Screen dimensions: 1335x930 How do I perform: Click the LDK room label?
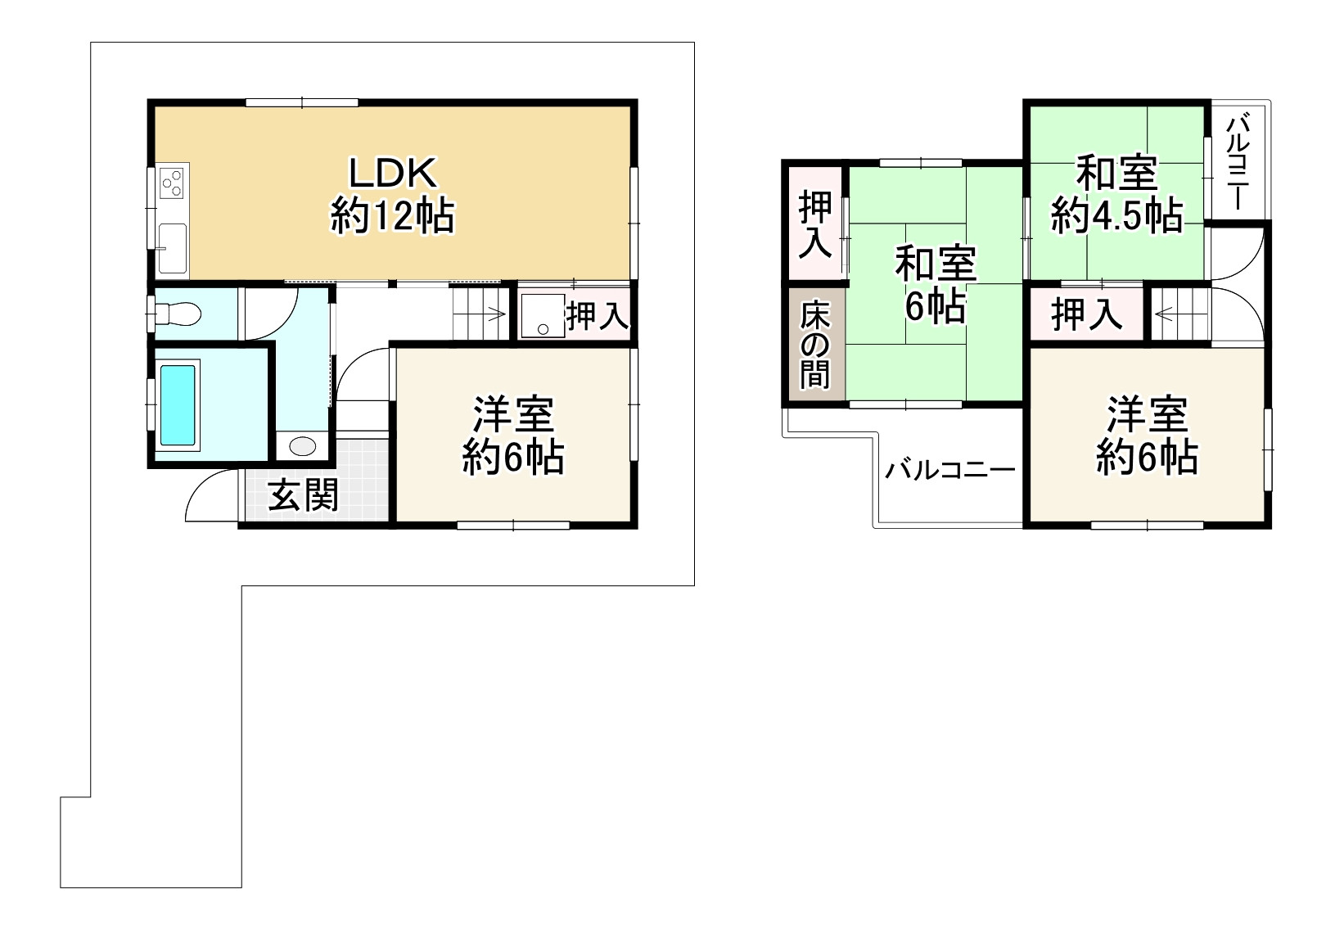[393, 194]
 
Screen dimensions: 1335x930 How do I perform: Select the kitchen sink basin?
[173, 249]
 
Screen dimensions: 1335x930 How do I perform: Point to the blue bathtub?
[178, 404]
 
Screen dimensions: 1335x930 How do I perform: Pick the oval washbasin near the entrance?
[302, 446]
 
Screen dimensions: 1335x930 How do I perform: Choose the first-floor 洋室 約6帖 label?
[513, 436]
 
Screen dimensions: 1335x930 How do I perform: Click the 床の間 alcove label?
[814, 345]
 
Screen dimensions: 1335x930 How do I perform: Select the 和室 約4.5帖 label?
[1117, 194]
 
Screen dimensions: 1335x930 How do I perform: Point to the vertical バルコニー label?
[1238, 162]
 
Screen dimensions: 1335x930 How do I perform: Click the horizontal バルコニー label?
[950, 471]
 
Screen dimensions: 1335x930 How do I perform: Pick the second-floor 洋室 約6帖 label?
[1147, 436]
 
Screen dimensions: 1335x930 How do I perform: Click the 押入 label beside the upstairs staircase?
[1086, 314]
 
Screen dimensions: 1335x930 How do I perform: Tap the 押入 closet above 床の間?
[814, 223]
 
